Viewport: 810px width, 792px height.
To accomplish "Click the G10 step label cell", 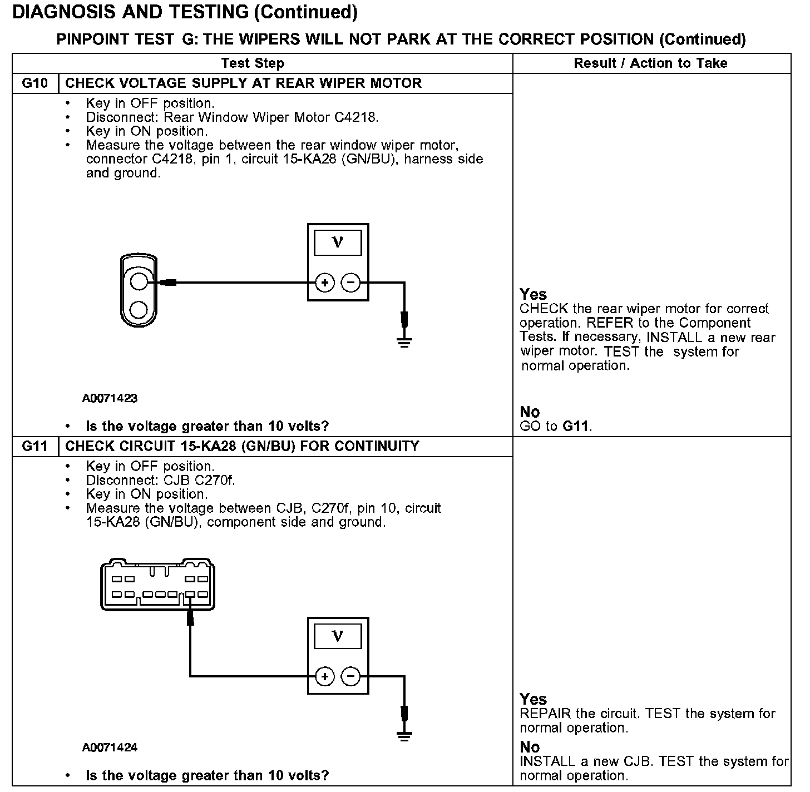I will [x=35, y=83].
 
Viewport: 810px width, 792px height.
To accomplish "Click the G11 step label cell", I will [x=35, y=447].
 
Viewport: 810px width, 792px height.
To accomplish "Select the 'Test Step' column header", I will [x=253, y=63].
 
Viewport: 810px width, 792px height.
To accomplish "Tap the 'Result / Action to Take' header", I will [x=650, y=63].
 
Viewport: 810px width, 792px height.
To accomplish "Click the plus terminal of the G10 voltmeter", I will [x=325, y=283].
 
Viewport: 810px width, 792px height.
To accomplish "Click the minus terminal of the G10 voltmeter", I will [x=350, y=283].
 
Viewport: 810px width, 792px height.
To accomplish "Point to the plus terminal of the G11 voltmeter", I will [x=325, y=676].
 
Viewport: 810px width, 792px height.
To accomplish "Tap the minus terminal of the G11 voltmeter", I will [x=350, y=676].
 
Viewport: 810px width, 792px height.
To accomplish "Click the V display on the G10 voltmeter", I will [x=338, y=243].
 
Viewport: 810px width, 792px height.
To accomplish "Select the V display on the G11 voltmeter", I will [x=338, y=636].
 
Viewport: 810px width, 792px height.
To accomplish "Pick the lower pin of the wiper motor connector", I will [x=139, y=309].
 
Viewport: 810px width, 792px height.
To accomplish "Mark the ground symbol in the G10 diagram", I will [x=404, y=341].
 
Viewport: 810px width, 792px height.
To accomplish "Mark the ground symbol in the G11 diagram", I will [x=404, y=735].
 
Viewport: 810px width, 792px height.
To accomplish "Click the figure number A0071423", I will [x=110, y=398].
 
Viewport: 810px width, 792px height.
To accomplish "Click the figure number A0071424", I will [x=110, y=748].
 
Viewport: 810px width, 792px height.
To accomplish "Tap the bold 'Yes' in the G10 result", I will [x=533, y=294].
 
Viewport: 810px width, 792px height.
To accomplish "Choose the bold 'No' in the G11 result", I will [x=530, y=746].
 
